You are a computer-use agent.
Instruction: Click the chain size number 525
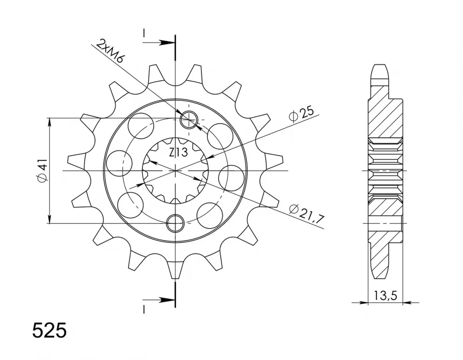point(50,331)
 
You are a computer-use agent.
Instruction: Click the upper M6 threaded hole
point(188,120)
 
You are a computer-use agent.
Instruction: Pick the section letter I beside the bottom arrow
point(144,309)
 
